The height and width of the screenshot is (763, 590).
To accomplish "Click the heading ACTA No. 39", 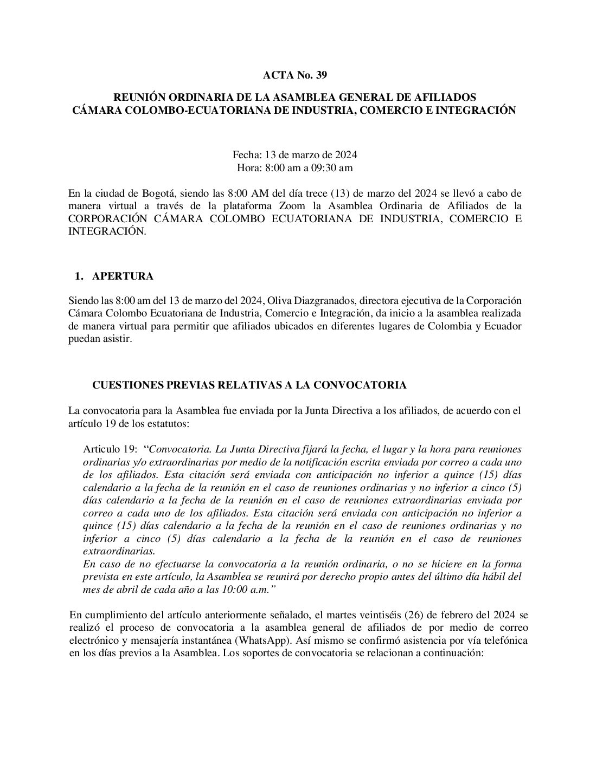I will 294,74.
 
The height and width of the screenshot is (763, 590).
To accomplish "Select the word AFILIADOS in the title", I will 446,98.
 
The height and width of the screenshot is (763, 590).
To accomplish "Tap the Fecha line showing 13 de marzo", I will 294,154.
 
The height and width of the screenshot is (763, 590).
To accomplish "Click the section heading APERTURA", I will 123,276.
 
